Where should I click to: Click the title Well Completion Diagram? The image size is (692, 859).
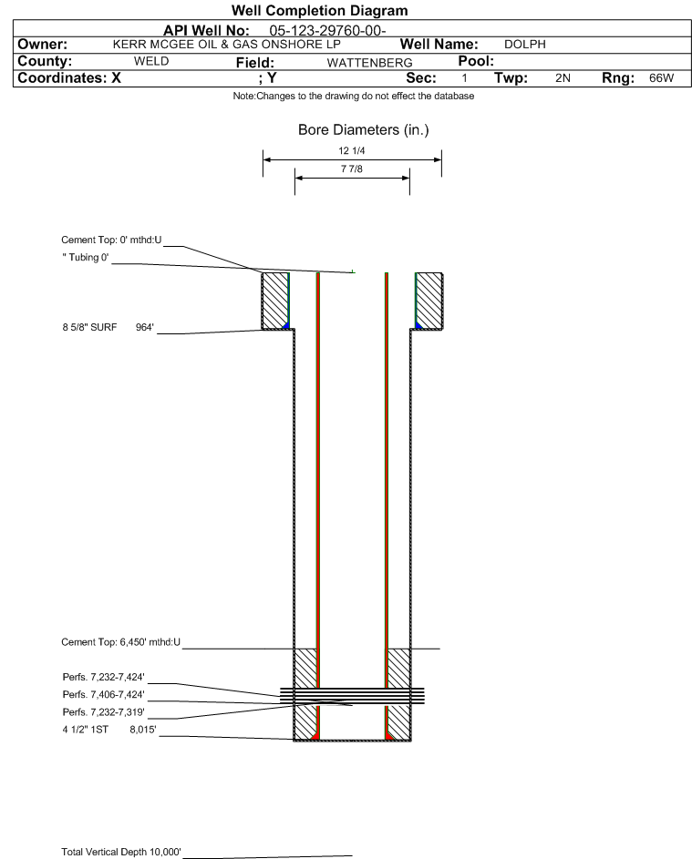[x=320, y=10]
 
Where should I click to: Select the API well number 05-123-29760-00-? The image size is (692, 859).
[x=327, y=31]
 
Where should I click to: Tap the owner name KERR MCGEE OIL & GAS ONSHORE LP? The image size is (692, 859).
[x=226, y=45]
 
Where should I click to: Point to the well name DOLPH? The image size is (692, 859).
[x=525, y=45]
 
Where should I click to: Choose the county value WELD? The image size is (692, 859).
[x=151, y=61]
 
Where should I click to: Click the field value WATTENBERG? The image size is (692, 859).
[x=369, y=63]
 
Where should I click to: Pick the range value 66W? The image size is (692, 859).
[x=661, y=77]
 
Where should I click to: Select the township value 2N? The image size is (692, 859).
[x=563, y=77]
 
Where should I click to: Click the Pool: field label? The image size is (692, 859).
[x=476, y=61]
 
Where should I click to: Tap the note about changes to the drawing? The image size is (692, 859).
[x=353, y=96]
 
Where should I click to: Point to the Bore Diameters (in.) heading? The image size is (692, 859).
[x=363, y=130]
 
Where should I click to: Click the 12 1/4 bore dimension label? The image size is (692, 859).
[x=352, y=150]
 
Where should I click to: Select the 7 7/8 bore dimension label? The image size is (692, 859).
[x=352, y=169]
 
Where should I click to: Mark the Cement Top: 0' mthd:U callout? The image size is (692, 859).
[x=111, y=240]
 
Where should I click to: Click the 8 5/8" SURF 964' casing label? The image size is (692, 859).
[x=108, y=328]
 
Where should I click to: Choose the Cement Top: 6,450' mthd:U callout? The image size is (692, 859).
[x=120, y=642]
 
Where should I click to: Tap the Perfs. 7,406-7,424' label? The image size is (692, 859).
[x=104, y=695]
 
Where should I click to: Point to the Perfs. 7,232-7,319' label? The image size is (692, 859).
[x=104, y=712]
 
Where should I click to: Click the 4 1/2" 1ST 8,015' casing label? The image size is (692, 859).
[x=109, y=730]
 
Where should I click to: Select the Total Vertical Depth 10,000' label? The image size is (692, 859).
[x=121, y=852]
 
